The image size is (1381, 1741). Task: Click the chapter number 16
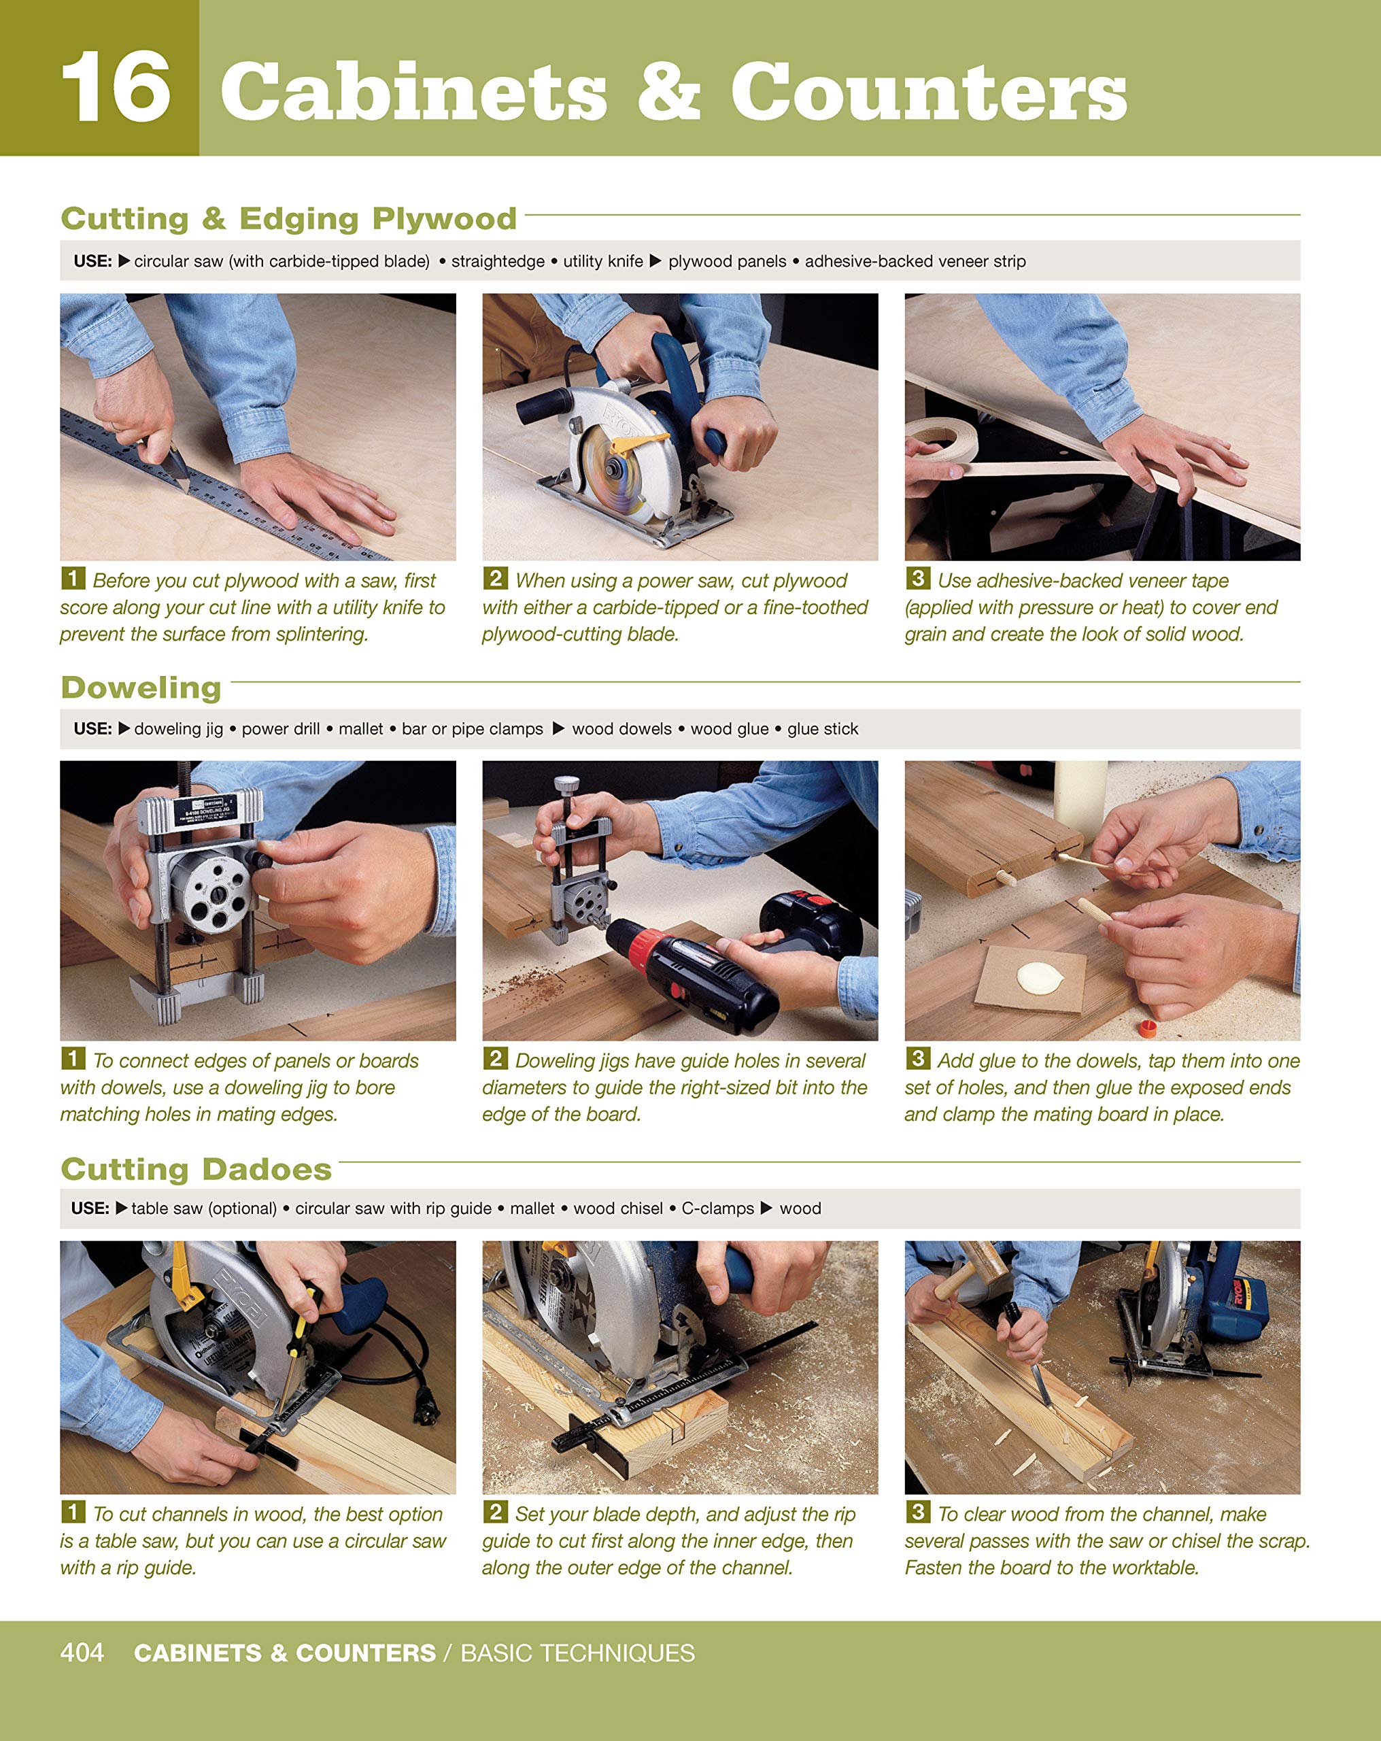pyautogui.click(x=116, y=86)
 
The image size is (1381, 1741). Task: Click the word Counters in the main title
pyautogui.click(x=929, y=90)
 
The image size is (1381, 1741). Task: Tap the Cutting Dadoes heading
pyautogui.click(x=197, y=1168)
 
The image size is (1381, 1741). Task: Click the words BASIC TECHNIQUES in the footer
pyautogui.click(x=577, y=1653)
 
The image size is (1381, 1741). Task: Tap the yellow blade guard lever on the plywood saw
pyautogui.click(x=638, y=441)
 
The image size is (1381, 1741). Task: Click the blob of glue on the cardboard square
pyautogui.click(x=1038, y=978)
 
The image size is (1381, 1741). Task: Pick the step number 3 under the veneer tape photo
pyautogui.click(x=917, y=578)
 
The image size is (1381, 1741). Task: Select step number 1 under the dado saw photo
pyautogui.click(x=73, y=1511)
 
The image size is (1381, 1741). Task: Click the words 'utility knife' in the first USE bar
pyautogui.click(x=602, y=261)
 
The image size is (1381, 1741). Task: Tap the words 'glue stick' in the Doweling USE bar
pyautogui.click(x=822, y=728)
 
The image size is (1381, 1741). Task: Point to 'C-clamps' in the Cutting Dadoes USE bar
pyautogui.click(x=717, y=1208)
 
